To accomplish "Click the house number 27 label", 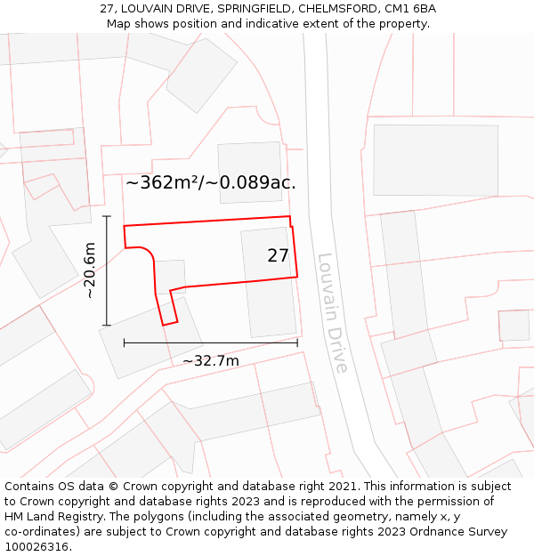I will point(278,256).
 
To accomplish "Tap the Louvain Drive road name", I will point(331,313).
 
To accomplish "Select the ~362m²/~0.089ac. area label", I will point(211,183).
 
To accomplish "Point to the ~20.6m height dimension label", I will point(89,270).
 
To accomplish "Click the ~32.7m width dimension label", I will point(211,360).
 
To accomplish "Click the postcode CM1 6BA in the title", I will point(411,9).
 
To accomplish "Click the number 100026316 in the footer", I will point(38,546).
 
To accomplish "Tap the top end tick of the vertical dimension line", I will point(107,216).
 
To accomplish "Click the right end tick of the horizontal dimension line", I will point(297,342).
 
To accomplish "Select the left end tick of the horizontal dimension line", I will point(124,342).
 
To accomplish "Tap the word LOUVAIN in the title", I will point(150,9).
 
